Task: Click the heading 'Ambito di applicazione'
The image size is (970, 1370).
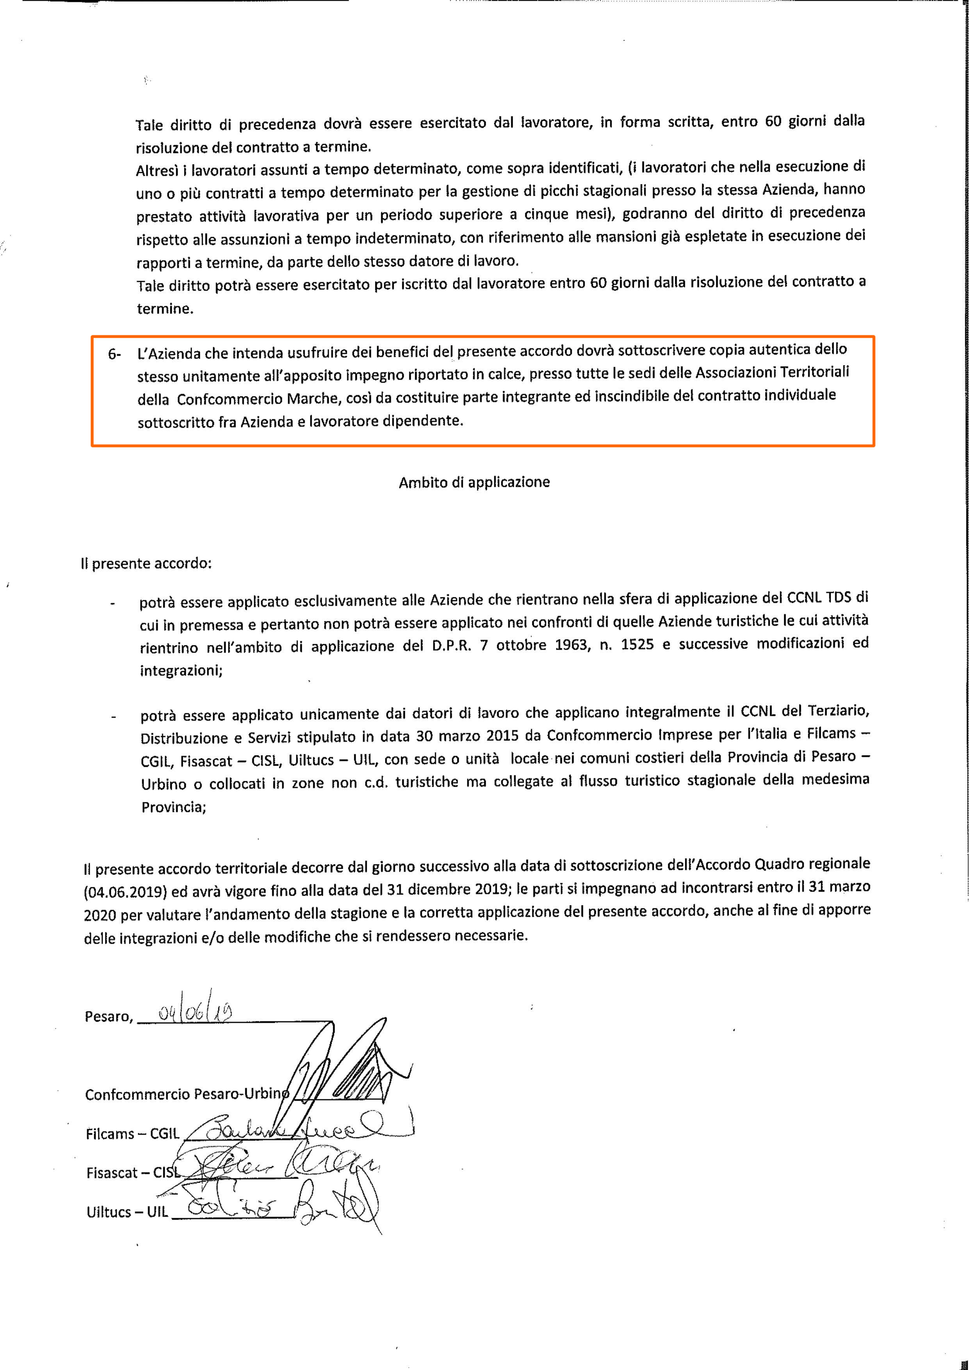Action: coord(474,482)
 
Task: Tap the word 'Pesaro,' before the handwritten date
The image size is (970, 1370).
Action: coord(108,1016)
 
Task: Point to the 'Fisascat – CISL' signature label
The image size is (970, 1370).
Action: coord(133,1172)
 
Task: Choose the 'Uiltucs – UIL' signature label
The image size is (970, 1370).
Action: coord(127,1212)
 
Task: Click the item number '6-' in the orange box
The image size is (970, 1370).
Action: coord(114,354)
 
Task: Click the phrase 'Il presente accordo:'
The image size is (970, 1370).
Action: coord(146,563)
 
